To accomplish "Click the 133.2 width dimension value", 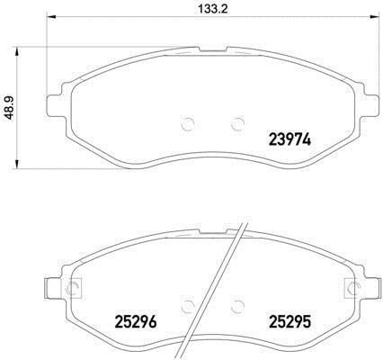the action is point(213,9).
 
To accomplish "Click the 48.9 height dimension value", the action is point(11,108).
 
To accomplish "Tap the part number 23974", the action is point(290,139).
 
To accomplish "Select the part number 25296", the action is point(136,322).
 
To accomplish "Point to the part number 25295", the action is point(290,322).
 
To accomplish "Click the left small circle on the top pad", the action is point(188,123).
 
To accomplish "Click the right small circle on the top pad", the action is point(238,123).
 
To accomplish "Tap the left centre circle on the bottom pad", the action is point(188,306).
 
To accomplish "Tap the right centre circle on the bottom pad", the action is point(238,306).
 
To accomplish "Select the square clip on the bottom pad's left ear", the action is point(71,288).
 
